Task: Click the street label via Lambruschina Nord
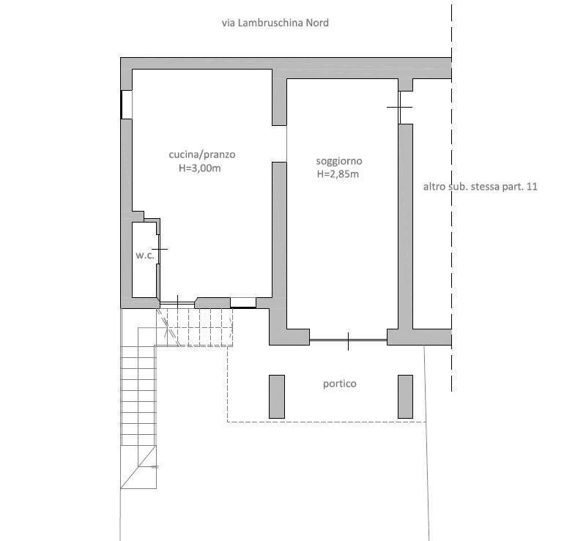click(275, 23)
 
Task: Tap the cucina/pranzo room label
click(202, 154)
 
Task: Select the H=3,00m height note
click(199, 168)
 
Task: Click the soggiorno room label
click(339, 161)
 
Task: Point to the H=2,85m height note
click(338, 174)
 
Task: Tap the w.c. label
click(144, 255)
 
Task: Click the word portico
click(340, 384)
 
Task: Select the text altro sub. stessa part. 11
click(481, 187)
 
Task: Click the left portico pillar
click(277, 397)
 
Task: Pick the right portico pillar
click(406, 397)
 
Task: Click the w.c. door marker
click(159, 249)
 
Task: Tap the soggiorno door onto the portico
click(348, 340)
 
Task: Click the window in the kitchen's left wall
click(126, 105)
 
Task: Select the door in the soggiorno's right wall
click(399, 107)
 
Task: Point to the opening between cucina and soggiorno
click(279, 143)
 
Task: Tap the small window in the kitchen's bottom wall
click(243, 302)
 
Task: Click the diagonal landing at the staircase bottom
click(138, 467)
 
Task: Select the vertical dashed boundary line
click(451, 198)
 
